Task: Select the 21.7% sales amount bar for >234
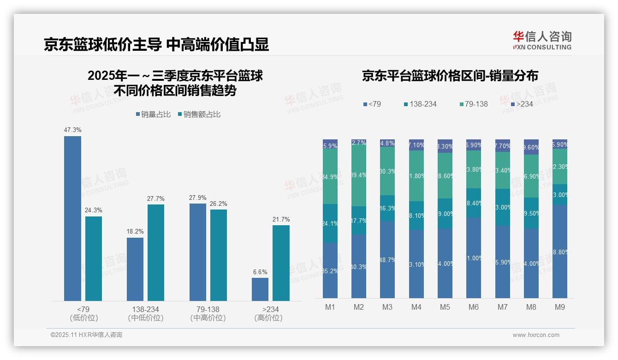(281, 263)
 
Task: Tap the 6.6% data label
(260, 272)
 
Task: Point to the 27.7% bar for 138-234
(156, 252)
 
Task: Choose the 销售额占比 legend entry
(199, 114)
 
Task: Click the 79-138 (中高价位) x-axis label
(208, 313)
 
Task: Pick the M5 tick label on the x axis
(445, 307)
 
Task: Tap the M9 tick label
(559, 307)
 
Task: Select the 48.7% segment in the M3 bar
(387, 259)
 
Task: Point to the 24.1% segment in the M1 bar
(330, 223)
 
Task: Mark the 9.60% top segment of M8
(531, 147)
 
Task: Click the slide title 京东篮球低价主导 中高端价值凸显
(156, 44)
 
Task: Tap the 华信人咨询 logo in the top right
(542, 40)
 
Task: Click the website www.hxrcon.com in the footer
(535, 335)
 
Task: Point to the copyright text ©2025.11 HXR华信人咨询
(86, 335)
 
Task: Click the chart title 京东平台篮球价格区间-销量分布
(450, 76)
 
